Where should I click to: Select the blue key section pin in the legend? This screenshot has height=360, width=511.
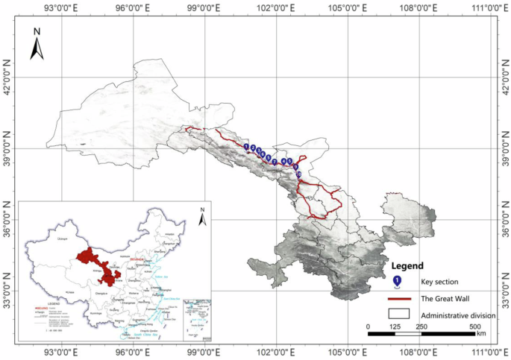(398, 282)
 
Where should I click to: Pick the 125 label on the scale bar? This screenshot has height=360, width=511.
(395, 327)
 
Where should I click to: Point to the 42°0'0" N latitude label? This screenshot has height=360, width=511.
(7, 77)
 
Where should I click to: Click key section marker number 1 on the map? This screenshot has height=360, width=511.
(246, 147)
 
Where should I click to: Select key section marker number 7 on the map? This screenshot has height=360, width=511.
(275, 161)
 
